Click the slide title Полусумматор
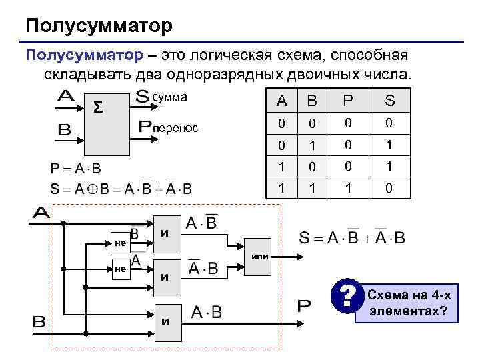tap(99, 26)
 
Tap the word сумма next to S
tap(170, 97)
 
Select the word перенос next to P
tap(177, 127)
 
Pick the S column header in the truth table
tap(390, 101)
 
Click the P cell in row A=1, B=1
tap(347, 189)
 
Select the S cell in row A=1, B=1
tap(390, 189)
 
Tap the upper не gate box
tap(120, 243)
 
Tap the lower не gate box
tap(120, 268)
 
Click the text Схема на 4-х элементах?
tap(408, 303)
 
